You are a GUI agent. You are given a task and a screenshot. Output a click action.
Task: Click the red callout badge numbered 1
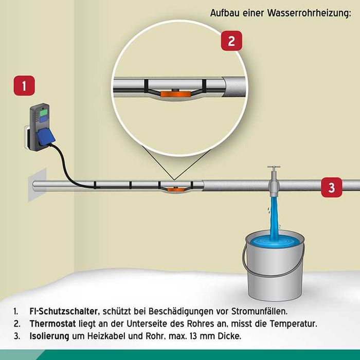tap(25, 85)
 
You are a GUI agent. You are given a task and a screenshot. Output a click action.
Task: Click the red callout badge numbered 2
tap(231, 41)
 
